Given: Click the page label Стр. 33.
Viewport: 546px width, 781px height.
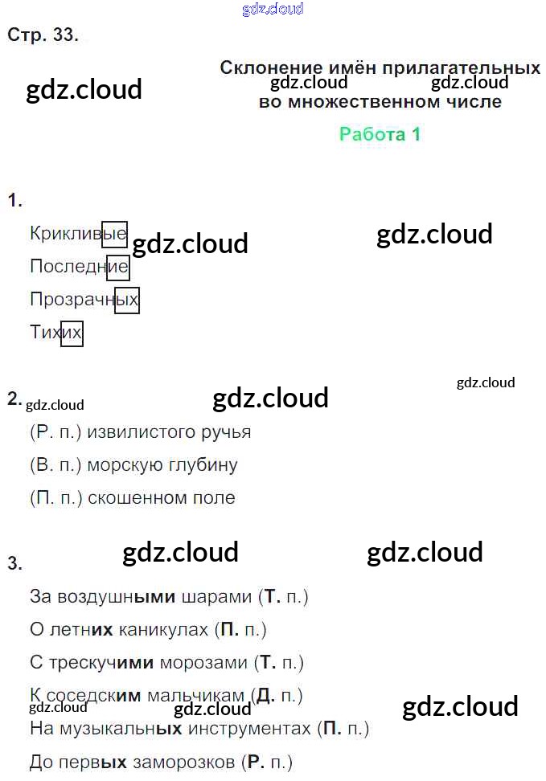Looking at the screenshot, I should click(43, 35).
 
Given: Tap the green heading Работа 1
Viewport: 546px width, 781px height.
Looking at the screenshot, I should click(380, 134).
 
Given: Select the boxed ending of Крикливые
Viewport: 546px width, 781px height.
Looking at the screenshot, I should click(114, 234).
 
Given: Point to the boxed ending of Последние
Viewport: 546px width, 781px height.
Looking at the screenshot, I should click(117, 267).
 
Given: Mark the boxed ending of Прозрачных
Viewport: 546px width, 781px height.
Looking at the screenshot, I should click(127, 300).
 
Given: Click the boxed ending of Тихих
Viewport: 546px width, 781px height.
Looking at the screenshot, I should click(72, 333).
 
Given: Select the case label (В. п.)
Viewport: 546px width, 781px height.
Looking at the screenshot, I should click(55, 465).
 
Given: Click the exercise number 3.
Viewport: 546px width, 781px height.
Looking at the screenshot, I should click(14, 564).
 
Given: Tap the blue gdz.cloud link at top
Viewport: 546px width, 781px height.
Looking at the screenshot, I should click(273, 9).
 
